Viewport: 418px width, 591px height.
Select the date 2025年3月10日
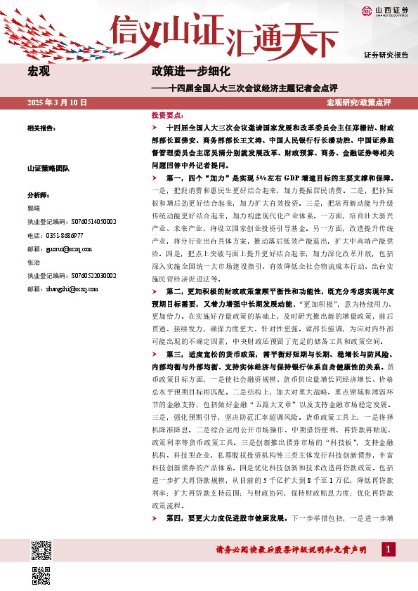pos(57,102)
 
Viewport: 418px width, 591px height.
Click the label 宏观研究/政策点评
pos(358,102)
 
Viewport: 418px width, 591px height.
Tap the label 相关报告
pos(41,128)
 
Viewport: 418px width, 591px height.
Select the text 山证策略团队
pos(46,168)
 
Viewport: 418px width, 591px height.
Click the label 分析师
pos(37,195)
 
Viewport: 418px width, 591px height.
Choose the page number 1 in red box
pos(388,550)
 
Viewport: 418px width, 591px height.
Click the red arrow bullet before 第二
pos(155,291)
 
